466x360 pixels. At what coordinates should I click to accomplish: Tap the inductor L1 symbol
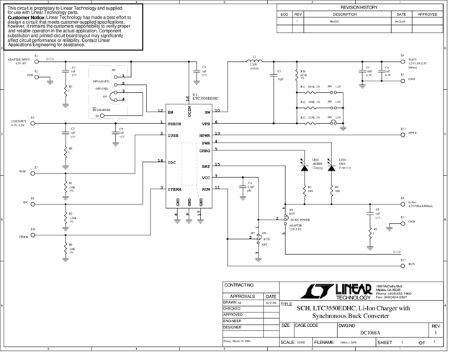click(x=253, y=62)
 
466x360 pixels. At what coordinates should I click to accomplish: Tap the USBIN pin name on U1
click(x=175, y=123)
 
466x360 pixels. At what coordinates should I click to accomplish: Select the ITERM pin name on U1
click(x=175, y=189)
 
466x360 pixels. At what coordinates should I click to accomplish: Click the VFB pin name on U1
click(x=206, y=123)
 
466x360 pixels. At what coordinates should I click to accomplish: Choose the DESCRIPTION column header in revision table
click(x=344, y=14)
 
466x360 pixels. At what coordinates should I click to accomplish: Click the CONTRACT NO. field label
click(x=240, y=285)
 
